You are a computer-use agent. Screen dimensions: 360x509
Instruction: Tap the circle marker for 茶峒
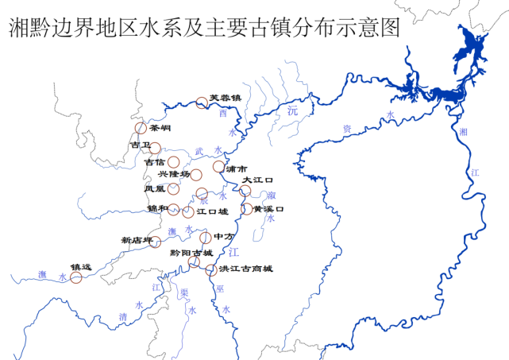tap(141, 127)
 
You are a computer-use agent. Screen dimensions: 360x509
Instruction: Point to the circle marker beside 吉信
tap(173, 162)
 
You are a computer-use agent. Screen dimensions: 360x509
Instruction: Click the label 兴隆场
tap(174, 174)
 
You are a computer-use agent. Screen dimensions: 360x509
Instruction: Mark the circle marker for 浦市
tap(218, 167)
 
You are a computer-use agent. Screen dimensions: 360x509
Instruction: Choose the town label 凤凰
tap(155, 188)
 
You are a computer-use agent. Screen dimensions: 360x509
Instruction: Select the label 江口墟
tap(212, 211)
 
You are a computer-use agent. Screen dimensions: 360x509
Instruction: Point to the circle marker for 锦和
tap(174, 210)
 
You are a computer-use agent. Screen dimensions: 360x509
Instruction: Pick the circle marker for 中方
tap(206, 238)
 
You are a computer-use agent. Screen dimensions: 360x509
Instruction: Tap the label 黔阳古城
tap(191, 253)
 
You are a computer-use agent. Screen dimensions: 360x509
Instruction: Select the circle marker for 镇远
tap(76, 277)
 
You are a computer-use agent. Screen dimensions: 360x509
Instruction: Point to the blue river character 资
tap(346, 126)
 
